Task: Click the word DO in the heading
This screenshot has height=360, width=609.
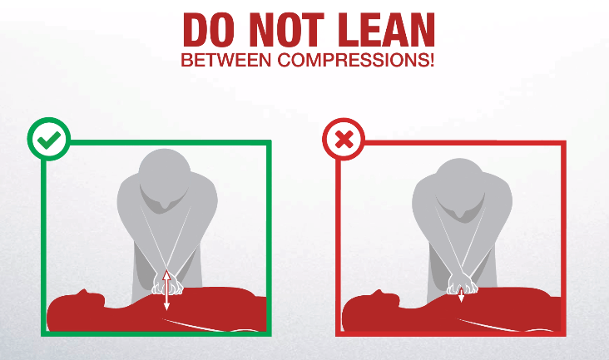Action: click(x=209, y=29)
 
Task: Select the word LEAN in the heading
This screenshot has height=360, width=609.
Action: click(x=387, y=29)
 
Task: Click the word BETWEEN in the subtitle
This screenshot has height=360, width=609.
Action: click(x=226, y=60)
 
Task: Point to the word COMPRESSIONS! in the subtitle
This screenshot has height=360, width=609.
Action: click(x=356, y=60)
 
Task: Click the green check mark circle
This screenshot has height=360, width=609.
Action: click(x=49, y=139)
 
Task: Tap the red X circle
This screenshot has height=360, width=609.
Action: click(x=344, y=140)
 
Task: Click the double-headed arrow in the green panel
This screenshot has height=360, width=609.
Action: click(x=166, y=290)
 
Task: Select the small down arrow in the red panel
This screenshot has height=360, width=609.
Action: click(x=461, y=295)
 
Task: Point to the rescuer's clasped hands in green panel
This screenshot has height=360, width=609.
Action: click(x=167, y=284)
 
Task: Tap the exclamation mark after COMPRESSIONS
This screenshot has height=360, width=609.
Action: click(x=432, y=60)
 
